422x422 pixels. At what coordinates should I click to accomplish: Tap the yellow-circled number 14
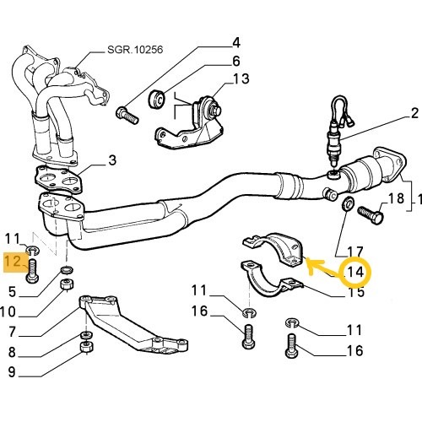coord(355,272)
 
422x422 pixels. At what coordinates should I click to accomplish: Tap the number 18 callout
coord(396,199)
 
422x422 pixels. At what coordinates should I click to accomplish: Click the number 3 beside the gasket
coord(112,160)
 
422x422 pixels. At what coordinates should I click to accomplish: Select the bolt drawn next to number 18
coord(369,214)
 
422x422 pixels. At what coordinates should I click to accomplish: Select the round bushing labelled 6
coord(157,99)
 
